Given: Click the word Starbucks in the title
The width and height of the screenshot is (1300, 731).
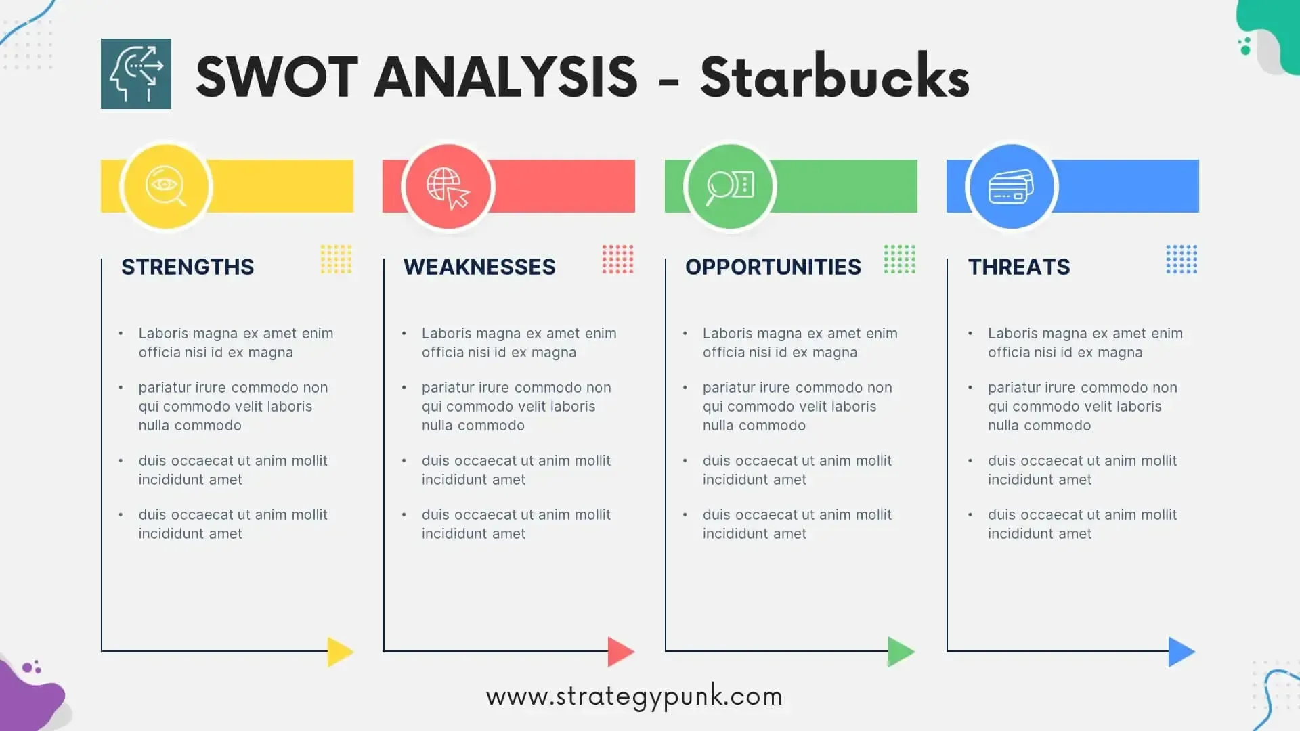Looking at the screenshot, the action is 835,76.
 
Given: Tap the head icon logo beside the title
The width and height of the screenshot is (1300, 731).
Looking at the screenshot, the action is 136,74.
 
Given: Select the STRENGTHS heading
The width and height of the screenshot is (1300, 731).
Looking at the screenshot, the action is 188,267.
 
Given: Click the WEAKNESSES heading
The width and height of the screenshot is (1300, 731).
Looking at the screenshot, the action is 479,267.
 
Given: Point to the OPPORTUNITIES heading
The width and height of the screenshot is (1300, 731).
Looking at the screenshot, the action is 773,267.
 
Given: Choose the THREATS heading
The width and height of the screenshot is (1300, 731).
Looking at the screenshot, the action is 1019,267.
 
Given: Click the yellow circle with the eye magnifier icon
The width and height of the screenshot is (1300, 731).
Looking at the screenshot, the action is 166,186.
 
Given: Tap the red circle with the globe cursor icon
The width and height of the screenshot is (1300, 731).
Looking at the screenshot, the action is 448,186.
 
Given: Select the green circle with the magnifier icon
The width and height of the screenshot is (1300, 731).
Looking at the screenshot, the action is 730,186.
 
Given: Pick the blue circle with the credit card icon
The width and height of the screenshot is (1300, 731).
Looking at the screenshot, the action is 1012,186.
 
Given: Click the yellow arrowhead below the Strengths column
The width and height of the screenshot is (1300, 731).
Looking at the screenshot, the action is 340,652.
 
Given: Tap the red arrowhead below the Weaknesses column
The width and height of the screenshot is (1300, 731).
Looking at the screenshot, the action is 621,652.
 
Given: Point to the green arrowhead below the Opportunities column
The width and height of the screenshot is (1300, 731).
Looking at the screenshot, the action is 901,652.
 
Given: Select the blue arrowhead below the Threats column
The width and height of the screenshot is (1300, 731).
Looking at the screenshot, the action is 1182,652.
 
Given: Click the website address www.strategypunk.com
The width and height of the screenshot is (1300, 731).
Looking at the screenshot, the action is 634,697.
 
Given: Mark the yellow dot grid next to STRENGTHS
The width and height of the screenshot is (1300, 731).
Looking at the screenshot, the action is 336,259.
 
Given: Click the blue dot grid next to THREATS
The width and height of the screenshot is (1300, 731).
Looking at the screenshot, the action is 1182,259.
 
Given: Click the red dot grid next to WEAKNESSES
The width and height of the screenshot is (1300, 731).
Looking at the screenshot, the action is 617,259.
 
